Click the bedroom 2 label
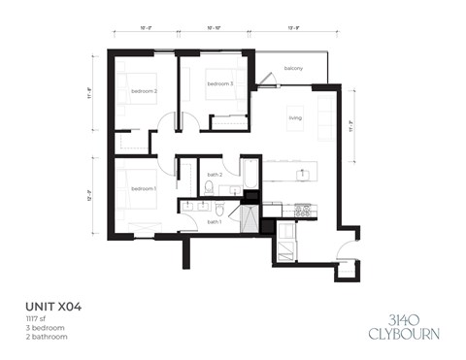[x=144, y=91]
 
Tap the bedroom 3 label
[x=220, y=84]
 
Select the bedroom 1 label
[x=143, y=187]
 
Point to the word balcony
[x=293, y=68]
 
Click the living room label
[x=294, y=118]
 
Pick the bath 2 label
[x=215, y=175]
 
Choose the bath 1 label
[x=215, y=222]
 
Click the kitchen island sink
[x=303, y=174]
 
